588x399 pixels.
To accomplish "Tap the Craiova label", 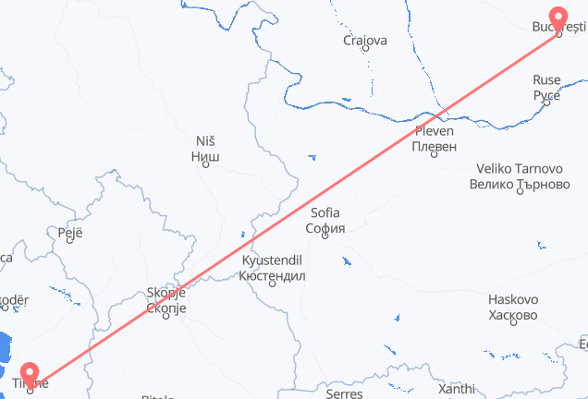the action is click(x=364, y=41).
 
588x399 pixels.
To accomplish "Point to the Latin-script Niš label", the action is click(x=205, y=140).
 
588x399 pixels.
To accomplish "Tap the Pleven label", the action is click(x=434, y=130).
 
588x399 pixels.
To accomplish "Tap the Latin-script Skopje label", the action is click(x=166, y=294).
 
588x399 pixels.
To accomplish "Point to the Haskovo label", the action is click(x=513, y=300).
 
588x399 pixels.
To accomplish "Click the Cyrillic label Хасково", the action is click(x=513, y=315).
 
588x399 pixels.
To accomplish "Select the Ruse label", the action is click(x=546, y=80).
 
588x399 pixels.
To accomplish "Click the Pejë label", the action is click(x=70, y=234).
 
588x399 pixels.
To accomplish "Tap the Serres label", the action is click(x=344, y=393).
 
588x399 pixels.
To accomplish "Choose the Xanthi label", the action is click(x=457, y=390).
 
